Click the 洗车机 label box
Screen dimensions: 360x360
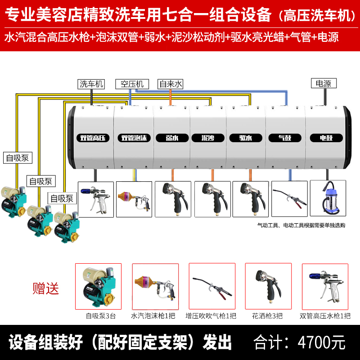[91, 84]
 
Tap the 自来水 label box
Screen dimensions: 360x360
[171, 84]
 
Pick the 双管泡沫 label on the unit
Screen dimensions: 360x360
[134, 138]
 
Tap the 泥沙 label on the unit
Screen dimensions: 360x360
[208, 138]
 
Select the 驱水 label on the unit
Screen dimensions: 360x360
[246, 138]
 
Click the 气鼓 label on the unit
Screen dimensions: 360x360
[284, 138]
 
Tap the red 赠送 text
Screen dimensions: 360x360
[46, 288]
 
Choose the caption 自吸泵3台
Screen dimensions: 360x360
[101, 316]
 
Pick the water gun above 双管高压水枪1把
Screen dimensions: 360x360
[326, 286]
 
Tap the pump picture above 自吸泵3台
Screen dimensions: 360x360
[99, 286]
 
